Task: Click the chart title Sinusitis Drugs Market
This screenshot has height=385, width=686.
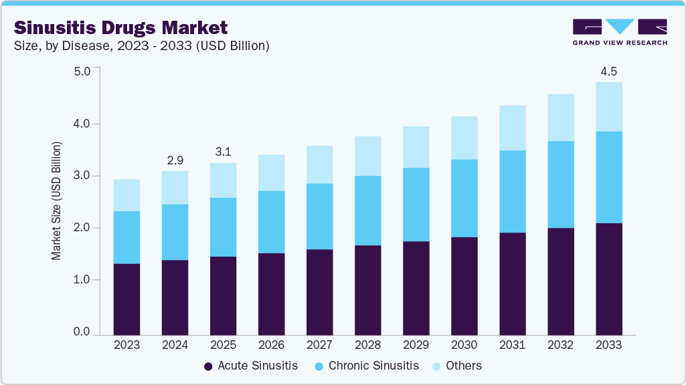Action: [121, 27]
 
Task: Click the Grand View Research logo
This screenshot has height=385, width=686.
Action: [620, 32]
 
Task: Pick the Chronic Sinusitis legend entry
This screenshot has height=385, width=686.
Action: [371, 366]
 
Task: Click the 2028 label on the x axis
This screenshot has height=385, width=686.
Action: [367, 345]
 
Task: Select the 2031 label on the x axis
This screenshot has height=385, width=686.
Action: [512, 345]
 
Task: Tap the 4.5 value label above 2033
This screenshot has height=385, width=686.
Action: [608, 71]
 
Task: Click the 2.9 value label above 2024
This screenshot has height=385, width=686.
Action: [175, 160]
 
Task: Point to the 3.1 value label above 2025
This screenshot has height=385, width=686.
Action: [223, 152]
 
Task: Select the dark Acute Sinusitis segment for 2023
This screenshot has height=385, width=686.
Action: [126, 299]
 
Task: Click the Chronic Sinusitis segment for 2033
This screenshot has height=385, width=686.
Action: [608, 177]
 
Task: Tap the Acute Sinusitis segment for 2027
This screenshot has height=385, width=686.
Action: [319, 291]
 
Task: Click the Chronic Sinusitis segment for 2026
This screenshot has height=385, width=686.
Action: [271, 222]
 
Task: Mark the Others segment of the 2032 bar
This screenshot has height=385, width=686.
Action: [560, 118]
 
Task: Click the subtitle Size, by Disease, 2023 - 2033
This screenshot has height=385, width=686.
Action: [141, 46]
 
